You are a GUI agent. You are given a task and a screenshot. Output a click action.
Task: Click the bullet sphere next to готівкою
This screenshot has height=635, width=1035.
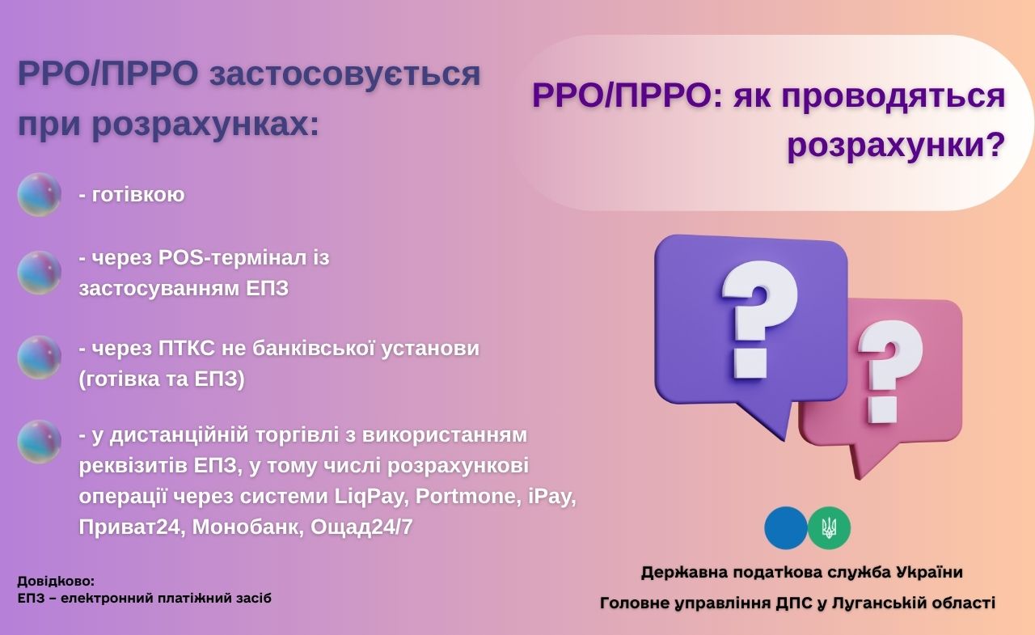(40, 195)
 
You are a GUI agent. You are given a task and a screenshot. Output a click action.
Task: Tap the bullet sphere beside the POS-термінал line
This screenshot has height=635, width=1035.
(40, 273)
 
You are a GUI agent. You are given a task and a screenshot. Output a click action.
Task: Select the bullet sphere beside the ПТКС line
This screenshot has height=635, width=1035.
(40, 358)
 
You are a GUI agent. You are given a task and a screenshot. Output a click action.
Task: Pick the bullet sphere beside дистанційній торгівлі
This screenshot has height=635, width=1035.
(40, 442)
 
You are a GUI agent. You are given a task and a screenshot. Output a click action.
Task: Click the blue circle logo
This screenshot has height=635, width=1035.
(785, 527)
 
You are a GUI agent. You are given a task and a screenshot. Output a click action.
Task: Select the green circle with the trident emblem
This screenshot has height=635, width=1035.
(830, 527)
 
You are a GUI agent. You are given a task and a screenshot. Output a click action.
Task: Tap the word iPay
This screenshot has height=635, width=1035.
(552, 497)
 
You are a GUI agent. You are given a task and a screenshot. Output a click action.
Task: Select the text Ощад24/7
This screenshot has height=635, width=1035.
(361, 527)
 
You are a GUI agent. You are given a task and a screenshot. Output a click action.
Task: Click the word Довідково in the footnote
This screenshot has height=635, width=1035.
(56, 581)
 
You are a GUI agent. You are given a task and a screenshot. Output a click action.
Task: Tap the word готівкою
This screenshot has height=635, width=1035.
(138, 195)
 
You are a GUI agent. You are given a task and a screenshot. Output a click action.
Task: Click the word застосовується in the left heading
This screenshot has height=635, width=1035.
(345, 74)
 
